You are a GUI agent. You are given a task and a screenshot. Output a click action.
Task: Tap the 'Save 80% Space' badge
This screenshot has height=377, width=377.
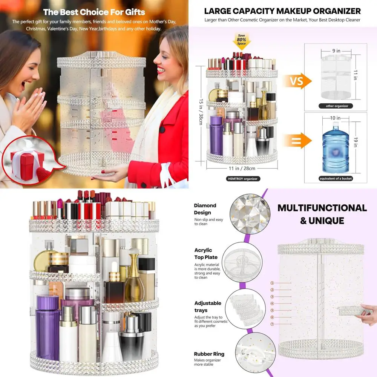click(x=241, y=41)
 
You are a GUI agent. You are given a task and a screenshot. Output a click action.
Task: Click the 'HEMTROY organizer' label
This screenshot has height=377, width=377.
click(x=243, y=179)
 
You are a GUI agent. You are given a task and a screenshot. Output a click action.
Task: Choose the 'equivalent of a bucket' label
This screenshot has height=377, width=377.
click(x=336, y=178)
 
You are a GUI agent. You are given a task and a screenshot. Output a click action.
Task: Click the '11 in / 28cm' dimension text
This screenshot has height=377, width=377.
click(x=242, y=168)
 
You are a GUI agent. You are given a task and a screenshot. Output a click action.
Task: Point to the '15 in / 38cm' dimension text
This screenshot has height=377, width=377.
click(x=201, y=112)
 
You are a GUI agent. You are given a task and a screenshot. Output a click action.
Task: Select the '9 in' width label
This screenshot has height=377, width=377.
click(x=336, y=51)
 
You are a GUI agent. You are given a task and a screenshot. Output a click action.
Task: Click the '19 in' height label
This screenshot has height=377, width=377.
click(x=356, y=142)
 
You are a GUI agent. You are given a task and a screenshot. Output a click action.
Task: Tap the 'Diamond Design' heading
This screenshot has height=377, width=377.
click(x=205, y=209)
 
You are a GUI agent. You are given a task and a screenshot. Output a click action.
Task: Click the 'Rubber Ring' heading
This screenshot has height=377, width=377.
click(x=209, y=354)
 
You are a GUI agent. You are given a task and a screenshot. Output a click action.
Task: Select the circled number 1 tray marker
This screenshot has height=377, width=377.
click(x=272, y=283)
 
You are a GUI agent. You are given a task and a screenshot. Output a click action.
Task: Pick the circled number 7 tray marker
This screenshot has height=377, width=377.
click(x=272, y=324)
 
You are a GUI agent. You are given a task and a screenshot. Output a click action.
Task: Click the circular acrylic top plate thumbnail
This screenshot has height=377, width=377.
click(x=242, y=262)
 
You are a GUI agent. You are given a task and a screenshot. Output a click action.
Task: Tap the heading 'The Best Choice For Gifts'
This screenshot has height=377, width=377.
click(x=94, y=12)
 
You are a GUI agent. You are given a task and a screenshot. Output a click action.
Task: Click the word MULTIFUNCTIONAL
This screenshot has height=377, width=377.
click(x=322, y=208)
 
